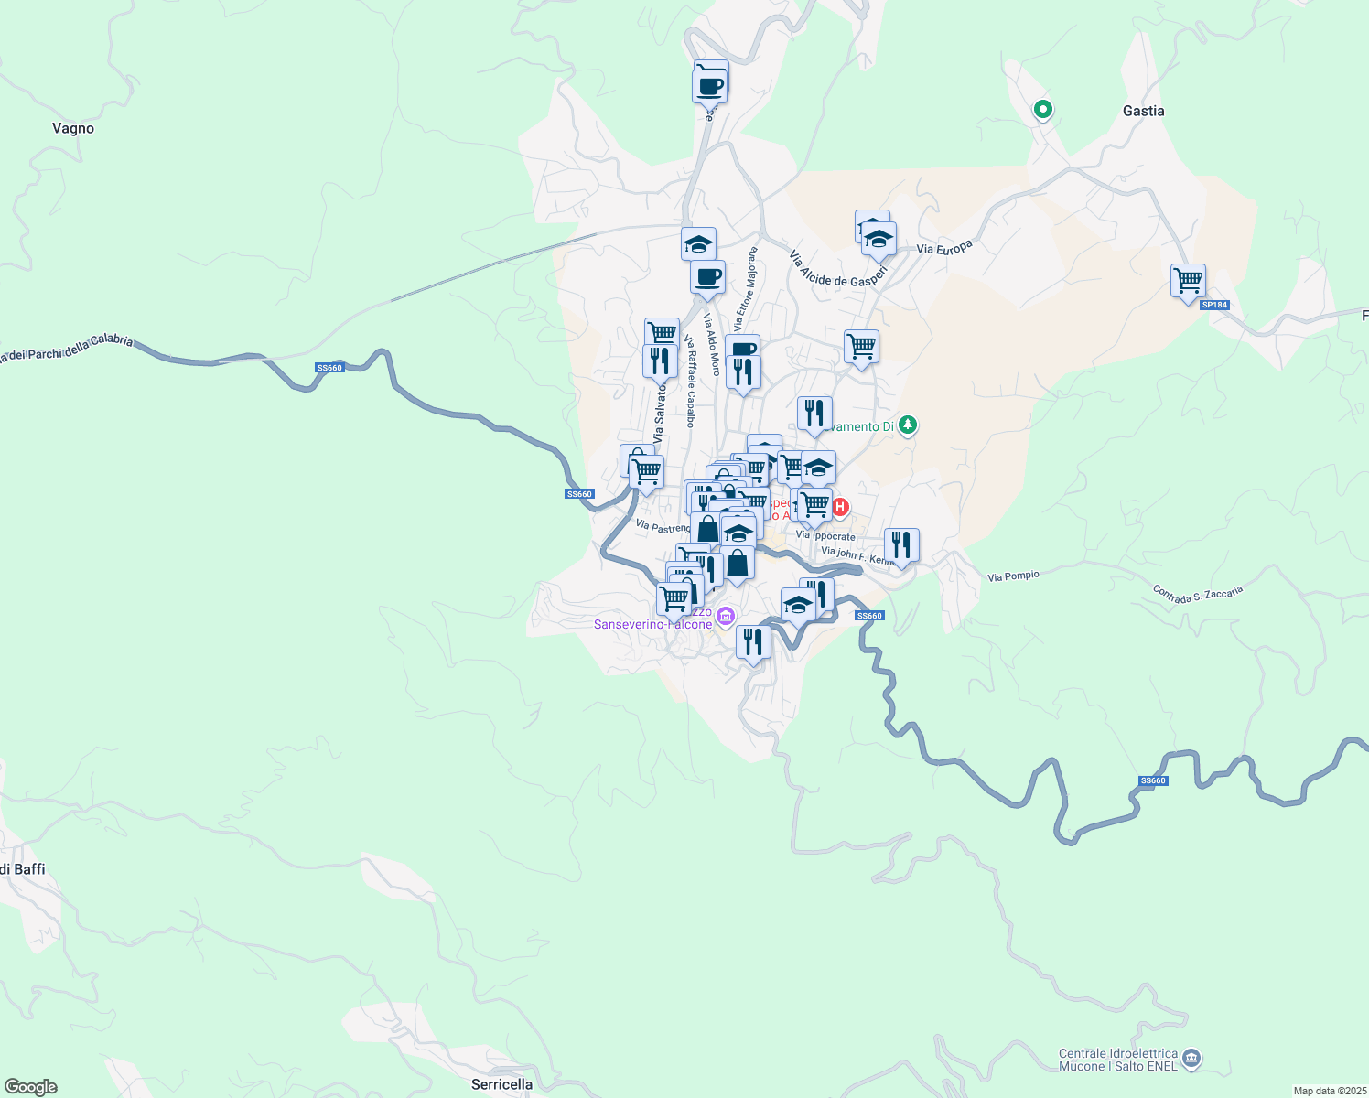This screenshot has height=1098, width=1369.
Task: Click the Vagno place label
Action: coord(73,129)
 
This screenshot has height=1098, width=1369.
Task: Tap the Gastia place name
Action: coord(1143,111)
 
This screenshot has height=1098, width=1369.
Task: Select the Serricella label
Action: coord(501,1084)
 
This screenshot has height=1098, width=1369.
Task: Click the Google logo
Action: coord(30,1087)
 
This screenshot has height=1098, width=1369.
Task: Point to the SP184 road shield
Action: coord(1213,305)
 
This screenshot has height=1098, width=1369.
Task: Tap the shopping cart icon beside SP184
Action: coord(1188,281)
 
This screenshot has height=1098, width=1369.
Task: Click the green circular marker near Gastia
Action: coord(1042,111)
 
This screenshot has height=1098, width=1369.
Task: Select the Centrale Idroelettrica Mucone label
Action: coord(1117,1060)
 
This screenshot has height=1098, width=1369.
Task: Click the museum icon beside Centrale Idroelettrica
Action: coord(1191,1059)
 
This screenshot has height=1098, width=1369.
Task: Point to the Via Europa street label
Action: coord(944,247)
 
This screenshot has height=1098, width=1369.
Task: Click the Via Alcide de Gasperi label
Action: coord(838,269)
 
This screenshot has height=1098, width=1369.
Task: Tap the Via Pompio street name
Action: coord(1013,576)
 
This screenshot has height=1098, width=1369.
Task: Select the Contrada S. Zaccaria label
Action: coord(1198,594)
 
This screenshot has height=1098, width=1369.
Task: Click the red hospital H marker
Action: coord(840,507)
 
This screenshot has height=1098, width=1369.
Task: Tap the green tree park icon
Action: coord(907,425)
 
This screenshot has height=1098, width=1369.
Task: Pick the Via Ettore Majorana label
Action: coord(744,289)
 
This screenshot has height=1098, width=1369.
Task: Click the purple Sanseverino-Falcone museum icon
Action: coord(726,617)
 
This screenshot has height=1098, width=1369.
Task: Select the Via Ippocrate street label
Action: coord(825,536)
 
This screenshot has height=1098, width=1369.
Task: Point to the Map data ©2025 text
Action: coord(1330,1091)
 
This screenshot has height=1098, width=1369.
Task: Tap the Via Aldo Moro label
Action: coord(711,345)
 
